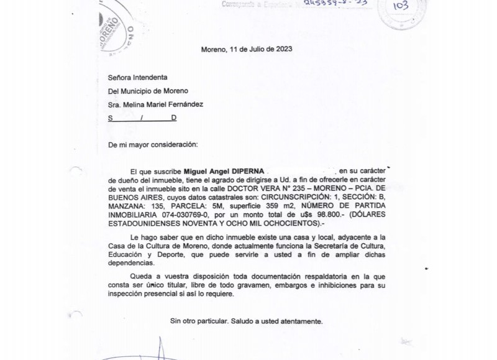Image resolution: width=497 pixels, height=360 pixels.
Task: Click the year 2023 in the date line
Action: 283,49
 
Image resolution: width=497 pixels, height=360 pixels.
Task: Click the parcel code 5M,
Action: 224,205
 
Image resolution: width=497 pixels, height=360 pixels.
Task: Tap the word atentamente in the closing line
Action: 301,321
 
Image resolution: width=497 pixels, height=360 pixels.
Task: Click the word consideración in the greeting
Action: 172,144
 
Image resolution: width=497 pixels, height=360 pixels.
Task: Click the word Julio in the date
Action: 257,49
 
